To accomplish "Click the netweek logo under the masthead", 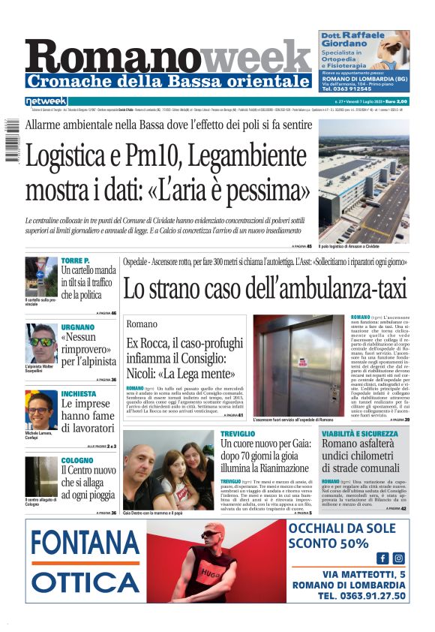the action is tap(46, 101).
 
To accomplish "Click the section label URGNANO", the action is tap(78, 327).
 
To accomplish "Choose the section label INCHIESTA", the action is tap(79, 393).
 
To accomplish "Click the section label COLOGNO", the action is tap(77, 459).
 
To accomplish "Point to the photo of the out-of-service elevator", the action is tap(298, 365).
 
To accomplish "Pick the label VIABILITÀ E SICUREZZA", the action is tap(360, 434).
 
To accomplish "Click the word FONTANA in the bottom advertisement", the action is tap(85, 542).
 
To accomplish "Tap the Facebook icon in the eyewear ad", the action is tap(382, 558).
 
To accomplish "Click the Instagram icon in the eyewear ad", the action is tap(398, 558).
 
